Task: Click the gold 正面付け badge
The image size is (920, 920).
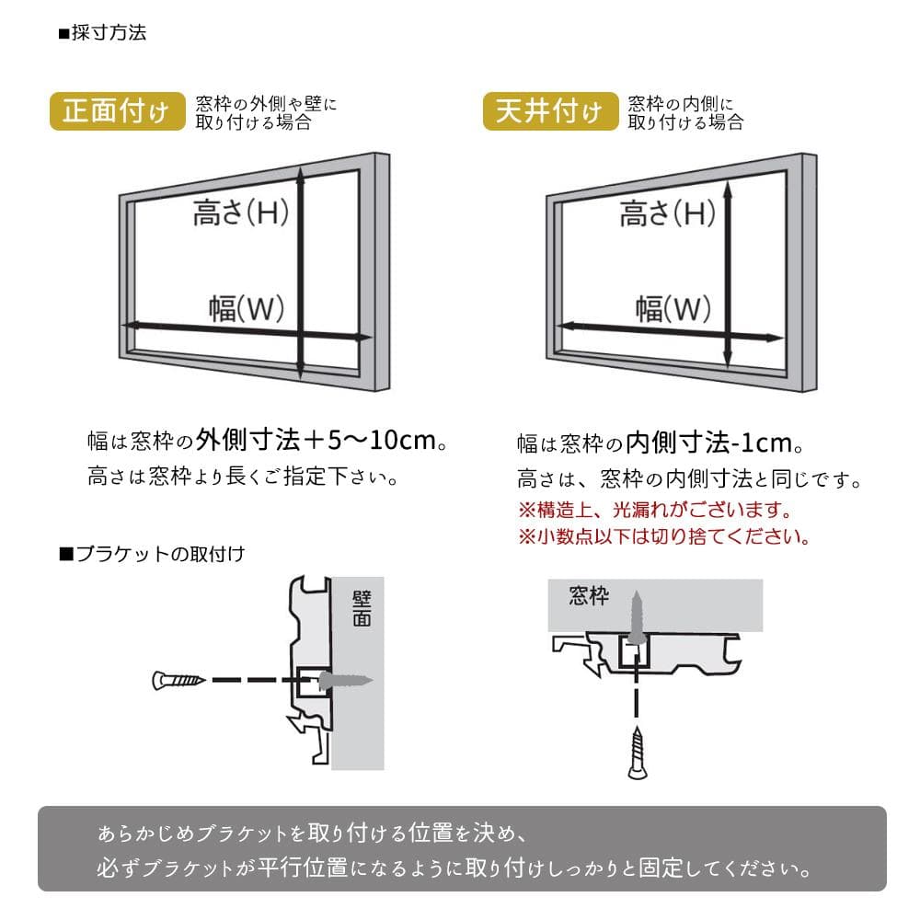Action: pyautogui.click(x=118, y=111)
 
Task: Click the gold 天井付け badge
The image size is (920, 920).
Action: pyautogui.click(x=550, y=111)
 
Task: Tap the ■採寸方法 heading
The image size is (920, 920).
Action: pyautogui.click(x=103, y=33)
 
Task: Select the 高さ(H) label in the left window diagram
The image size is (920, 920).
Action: pyautogui.click(x=240, y=212)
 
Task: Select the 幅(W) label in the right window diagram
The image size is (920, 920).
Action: pyautogui.click(x=673, y=308)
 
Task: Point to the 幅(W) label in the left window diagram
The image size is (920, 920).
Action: pyautogui.click(x=247, y=308)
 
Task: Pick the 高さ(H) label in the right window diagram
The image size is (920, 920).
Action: pyautogui.click(x=668, y=212)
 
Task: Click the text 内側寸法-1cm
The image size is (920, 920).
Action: pyautogui.click(x=709, y=443)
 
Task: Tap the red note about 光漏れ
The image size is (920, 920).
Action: pyautogui.click(x=655, y=510)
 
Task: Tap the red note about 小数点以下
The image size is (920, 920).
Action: pyautogui.click(x=664, y=536)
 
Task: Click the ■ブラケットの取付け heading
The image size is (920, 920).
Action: pyautogui.click(x=153, y=554)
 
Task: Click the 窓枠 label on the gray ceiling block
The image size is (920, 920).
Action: pyautogui.click(x=589, y=595)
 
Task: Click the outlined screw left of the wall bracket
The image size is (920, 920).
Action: pyautogui.click(x=178, y=681)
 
